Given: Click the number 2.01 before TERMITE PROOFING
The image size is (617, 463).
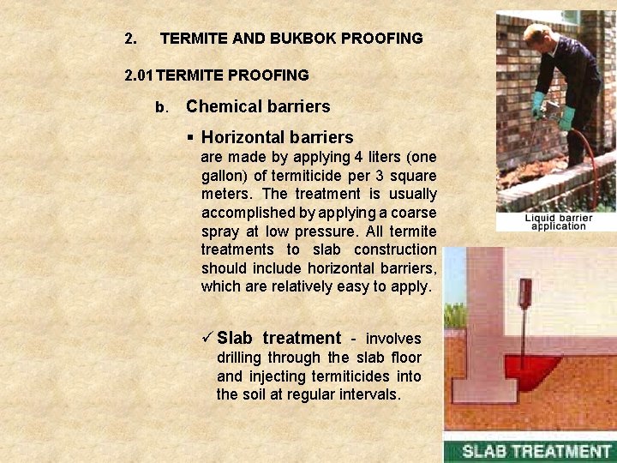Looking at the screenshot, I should tap(140, 75).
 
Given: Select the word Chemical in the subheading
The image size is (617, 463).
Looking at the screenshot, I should tap(219, 107).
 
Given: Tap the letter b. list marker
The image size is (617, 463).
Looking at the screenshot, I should tap(159, 108).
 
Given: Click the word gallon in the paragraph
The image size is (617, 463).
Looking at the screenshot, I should tap(225, 176).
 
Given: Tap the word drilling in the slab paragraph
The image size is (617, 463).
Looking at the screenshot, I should tap(238, 358).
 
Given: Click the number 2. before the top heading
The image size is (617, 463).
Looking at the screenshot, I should tap(130, 39).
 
